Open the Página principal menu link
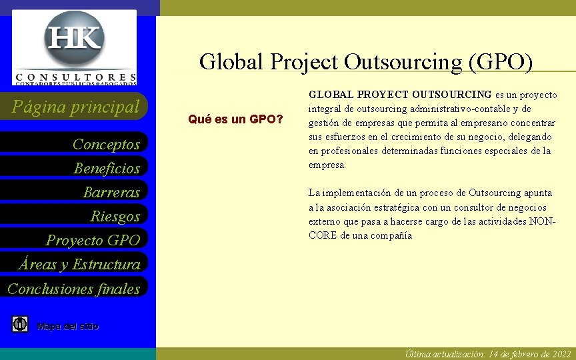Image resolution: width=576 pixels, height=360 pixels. (80, 106)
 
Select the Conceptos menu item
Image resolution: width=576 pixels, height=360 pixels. (106, 144)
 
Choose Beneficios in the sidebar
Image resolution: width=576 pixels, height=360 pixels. (107, 168)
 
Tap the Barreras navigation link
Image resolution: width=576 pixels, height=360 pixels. (111, 192)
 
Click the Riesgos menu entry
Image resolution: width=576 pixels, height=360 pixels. (115, 216)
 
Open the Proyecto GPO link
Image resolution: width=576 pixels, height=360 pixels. (93, 240)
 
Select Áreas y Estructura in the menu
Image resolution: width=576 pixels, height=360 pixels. (79, 264)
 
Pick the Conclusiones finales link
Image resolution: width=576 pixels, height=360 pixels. (73, 288)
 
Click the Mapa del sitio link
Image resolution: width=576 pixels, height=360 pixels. (68, 326)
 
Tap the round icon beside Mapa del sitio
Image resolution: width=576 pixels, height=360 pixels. (20, 325)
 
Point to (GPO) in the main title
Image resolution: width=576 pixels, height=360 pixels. (501, 61)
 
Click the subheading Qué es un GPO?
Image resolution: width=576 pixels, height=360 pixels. (235, 120)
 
